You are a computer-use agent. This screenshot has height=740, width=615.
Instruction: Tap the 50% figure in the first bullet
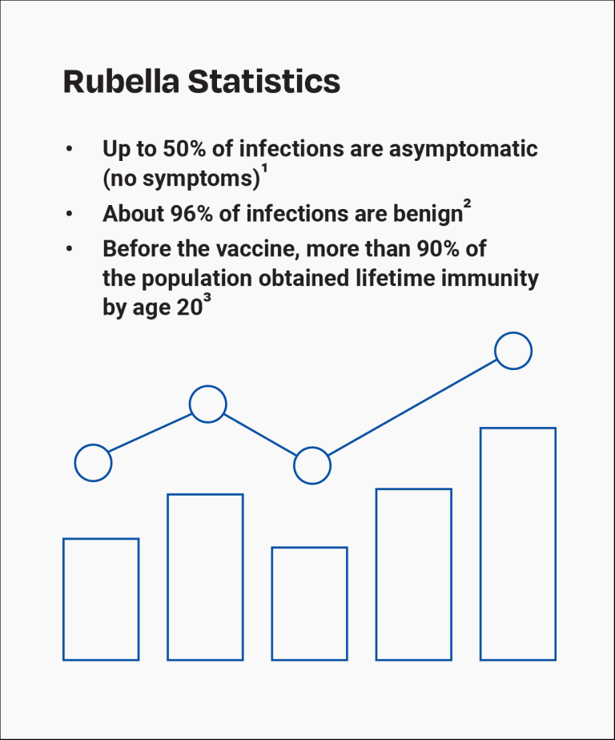184,149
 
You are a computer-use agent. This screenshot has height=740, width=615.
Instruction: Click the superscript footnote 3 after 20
207,300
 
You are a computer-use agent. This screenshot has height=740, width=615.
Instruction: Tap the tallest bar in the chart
517,544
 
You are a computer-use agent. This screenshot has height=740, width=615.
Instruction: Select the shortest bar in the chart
309,604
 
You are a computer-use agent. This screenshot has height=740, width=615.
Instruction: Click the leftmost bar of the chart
101,599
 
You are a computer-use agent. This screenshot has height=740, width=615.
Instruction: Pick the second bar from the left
205,577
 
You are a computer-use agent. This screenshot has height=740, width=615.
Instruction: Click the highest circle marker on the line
513,351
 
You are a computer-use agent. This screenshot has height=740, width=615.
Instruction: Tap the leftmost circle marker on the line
93,463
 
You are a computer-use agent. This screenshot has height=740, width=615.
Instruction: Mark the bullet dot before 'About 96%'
70,215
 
